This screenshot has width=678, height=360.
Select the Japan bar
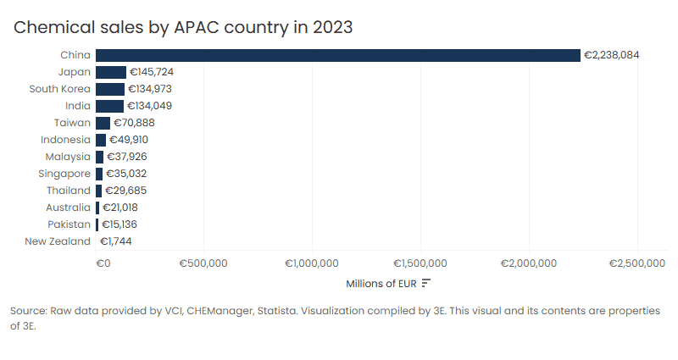coord(111,72)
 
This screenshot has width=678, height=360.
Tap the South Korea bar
coord(110,89)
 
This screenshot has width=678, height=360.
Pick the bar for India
coord(110,106)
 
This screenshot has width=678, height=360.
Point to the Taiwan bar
coord(103,123)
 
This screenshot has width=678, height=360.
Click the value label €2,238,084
coord(611,55)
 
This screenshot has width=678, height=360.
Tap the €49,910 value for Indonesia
coord(134,140)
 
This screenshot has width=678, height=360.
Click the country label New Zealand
coord(58,241)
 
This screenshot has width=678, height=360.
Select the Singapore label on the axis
coord(64,174)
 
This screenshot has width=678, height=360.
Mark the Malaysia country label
coord(67,157)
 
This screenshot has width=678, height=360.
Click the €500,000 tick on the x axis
coord(203,263)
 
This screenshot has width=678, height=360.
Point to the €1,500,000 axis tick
coord(421,263)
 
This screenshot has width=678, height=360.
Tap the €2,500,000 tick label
coord(637,263)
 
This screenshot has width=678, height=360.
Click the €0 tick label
coord(103,263)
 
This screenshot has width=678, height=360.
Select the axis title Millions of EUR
coord(381,283)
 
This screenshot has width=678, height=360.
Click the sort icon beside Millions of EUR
coord(426,283)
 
